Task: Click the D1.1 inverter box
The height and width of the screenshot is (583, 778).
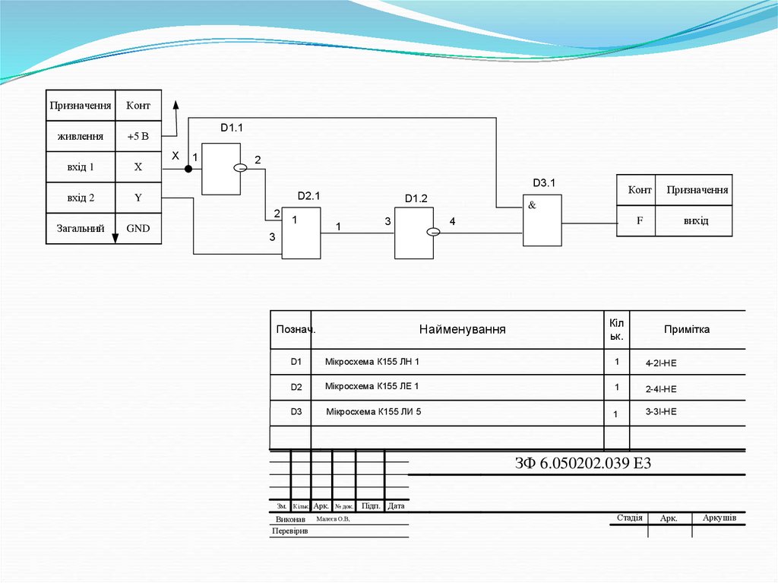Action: pyautogui.click(x=220, y=168)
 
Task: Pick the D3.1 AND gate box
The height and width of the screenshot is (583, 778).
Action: pyautogui.click(x=542, y=220)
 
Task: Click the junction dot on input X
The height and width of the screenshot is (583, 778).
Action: pyautogui.click(x=188, y=168)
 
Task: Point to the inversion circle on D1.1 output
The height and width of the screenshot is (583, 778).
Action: pyautogui.click(x=240, y=168)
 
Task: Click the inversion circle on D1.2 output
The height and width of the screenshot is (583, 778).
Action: pyautogui.click(x=433, y=233)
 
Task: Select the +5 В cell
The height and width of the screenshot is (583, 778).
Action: pyautogui.click(x=138, y=137)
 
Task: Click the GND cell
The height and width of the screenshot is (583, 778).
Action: pyautogui.click(x=138, y=228)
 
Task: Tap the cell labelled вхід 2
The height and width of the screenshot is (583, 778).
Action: pyautogui.click(x=81, y=198)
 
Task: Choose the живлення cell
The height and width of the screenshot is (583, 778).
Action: pyautogui.click(x=81, y=137)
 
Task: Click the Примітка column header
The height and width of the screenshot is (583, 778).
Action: pyautogui.click(x=687, y=329)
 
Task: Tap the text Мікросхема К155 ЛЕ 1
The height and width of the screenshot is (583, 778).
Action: pyautogui.click(x=372, y=386)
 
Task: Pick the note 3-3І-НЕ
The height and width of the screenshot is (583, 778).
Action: pyautogui.click(x=660, y=412)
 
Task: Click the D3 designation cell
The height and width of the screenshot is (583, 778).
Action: pyautogui.click(x=296, y=412)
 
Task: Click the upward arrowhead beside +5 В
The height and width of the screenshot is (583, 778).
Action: pyautogui.click(x=176, y=105)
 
